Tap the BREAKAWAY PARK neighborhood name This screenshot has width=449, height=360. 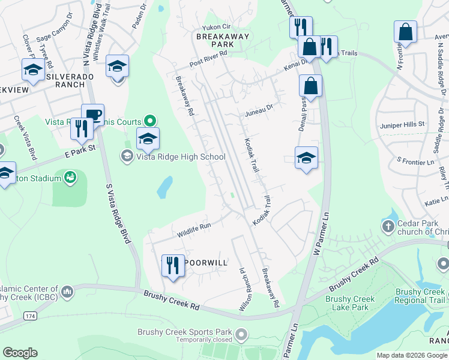(214, 40)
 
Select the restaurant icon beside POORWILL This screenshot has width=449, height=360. (173, 265)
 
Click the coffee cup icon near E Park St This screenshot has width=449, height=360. (92, 115)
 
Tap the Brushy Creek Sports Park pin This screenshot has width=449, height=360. (241, 332)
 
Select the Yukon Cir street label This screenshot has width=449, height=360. (216, 27)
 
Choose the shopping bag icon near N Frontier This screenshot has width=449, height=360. (405, 32)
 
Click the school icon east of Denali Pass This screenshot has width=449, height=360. (306, 158)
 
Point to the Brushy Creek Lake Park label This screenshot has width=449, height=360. (350, 303)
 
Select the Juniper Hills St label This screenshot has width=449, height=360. (402, 125)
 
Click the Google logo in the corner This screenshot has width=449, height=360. (20, 353)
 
